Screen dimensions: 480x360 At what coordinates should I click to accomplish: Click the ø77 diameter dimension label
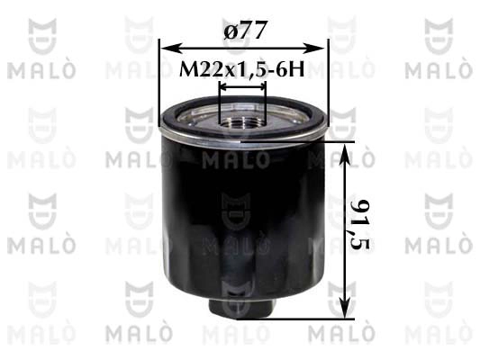click(x=244, y=30)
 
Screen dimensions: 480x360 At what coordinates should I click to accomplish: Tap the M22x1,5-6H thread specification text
click(x=242, y=69)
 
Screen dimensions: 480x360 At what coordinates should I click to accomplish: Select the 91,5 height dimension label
click(x=360, y=224)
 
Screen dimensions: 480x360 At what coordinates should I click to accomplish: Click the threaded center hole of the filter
click(x=243, y=123)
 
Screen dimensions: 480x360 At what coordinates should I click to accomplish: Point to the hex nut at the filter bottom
click(x=242, y=308)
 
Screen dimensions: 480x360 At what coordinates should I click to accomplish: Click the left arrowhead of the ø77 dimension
click(x=169, y=48)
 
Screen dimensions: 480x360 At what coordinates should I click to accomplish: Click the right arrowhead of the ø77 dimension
click(x=315, y=48)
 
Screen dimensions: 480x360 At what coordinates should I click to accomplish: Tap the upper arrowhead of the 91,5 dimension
click(x=345, y=154)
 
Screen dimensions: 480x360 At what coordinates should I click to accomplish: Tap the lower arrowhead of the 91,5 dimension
click(x=345, y=309)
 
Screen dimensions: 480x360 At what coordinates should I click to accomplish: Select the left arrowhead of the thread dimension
click(x=224, y=88)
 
